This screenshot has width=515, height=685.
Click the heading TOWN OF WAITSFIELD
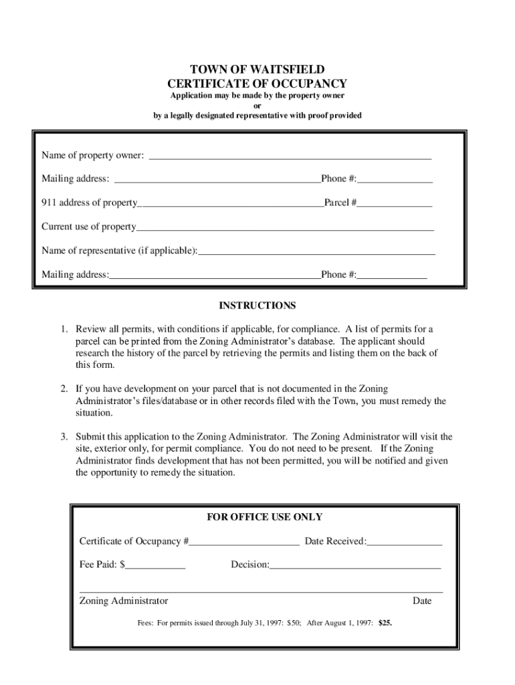point(257,70)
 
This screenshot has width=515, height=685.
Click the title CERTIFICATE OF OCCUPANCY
point(257,84)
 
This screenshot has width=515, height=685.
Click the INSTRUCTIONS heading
point(257,306)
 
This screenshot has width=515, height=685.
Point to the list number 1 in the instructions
point(65,329)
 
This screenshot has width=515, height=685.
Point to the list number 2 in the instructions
point(65,389)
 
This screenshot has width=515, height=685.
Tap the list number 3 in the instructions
point(65,437)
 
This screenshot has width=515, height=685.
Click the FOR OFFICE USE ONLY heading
point(264,517)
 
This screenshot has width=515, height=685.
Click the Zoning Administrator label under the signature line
point(124,601)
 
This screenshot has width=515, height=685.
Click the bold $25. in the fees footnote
point(385,623)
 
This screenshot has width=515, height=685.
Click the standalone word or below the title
point(257,106)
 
